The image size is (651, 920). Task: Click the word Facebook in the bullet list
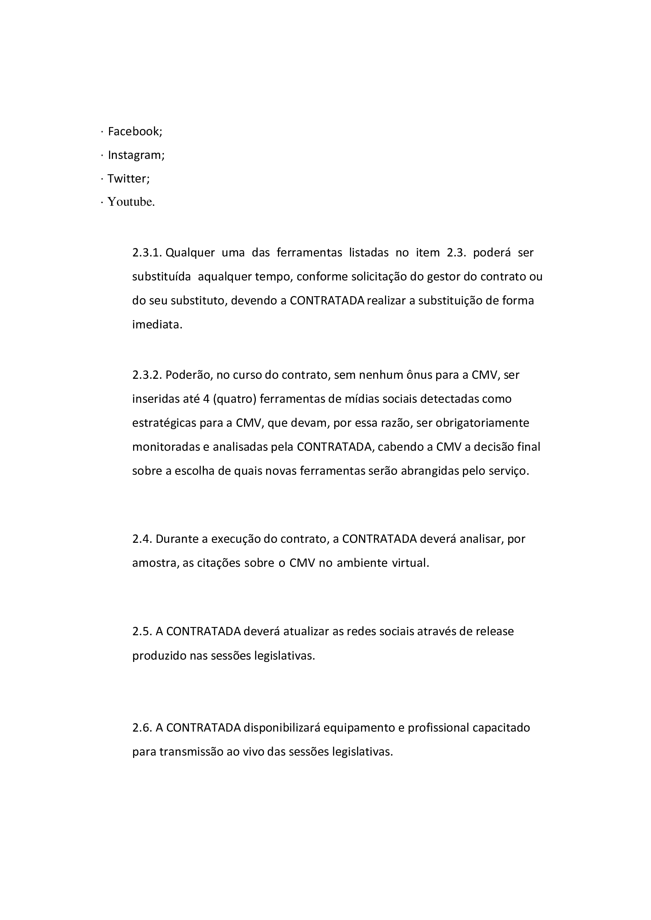pos(135,131)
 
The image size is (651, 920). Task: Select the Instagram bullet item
pos(136,155)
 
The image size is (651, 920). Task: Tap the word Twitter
pos(128,178)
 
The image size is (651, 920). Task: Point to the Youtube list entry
pos(131,202)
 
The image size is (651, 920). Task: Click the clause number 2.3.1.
pos(147,253)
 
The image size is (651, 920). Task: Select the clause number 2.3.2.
pos(147,375)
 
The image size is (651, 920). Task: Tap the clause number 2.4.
pos(142,539)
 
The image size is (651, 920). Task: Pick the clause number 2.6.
pos(142,728)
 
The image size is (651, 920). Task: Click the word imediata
pos(157,324)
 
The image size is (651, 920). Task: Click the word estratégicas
pos(165,423)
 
